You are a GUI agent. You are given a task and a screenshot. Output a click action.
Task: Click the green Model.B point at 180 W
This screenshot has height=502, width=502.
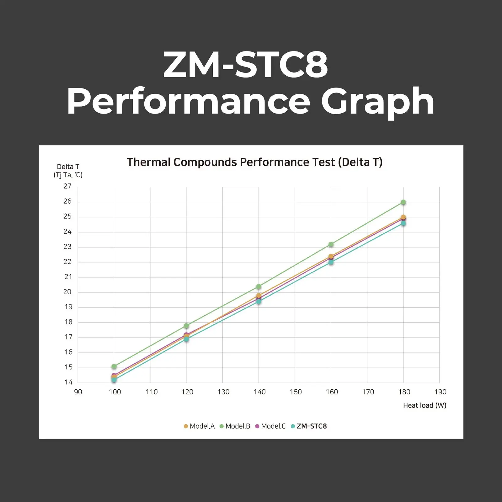pyautogui.click(x=403, y=202)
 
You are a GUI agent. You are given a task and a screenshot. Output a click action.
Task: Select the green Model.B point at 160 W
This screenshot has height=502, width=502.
pyautogui.click(x=331, y=244)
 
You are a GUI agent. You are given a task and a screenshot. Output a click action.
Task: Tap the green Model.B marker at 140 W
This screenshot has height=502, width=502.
pyautogui.click(x=259, y=286)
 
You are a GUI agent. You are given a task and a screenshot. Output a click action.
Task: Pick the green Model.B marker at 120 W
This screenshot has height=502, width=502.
pyautogui.click(x=186, y=326)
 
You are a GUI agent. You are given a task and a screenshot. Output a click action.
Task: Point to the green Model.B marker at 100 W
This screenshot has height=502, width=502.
pyautogui.click(x=114, y=366)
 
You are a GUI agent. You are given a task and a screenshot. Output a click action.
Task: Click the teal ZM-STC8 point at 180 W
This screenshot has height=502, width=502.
pyautogui.click(x=403, y=223)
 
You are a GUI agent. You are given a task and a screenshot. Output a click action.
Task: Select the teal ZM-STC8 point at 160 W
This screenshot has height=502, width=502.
pyautogui.click(x=331, y=262)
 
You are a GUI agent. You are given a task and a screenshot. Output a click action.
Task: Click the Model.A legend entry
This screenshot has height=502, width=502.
pyautogui.click(x=199, y=426)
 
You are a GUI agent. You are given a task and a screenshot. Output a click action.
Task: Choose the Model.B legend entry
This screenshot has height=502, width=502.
pyautogui.click(x=235, y=426)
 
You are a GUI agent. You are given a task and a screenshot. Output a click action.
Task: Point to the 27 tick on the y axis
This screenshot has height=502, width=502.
pyautogui.click(x=67, y=186)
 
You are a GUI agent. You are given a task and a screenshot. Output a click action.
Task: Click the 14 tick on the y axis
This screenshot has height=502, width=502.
pyautogui.click(x=68, y=382)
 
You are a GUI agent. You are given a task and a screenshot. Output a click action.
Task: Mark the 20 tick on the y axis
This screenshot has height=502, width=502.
pyautogui.click(x=67, y=292)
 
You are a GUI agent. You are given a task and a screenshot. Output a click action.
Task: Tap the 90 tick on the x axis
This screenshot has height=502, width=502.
pyautogui.click(x=78, y=392)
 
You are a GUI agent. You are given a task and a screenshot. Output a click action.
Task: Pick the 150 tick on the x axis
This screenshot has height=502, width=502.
pyautogui.click(x=296, y=392)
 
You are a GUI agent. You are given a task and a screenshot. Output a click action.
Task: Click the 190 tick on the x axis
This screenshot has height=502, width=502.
pyautogui.click(x=440, y=392)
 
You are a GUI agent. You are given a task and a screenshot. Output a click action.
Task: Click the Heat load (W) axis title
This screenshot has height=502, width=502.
pyautogui.click(x=425, y=405)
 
